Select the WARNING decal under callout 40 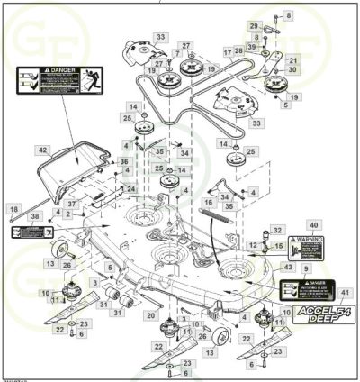tap(311, 246)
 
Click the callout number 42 tap(42, 150)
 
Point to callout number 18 tap(13, 208)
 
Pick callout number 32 tap(277, 231)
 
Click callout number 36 tap(124, 161)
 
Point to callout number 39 tap(252, 46)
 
